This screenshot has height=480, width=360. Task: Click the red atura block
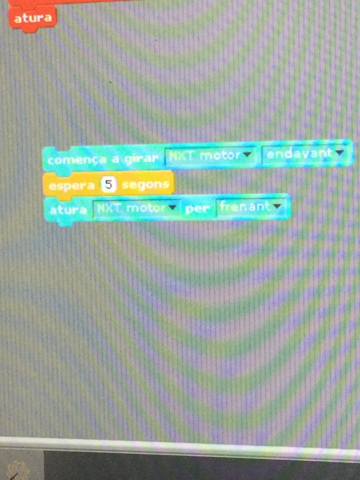(32, 18)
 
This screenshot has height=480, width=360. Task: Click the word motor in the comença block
(220, 155)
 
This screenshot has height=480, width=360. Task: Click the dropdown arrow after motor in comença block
(247, 154)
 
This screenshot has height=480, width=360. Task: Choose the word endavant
(299, 153)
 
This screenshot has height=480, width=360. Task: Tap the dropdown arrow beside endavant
(340, 152)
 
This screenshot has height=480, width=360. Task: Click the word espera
(72, 186)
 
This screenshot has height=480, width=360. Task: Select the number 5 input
(109, 185)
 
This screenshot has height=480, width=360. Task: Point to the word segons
(145, 185)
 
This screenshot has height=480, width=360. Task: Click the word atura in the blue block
(68, 210)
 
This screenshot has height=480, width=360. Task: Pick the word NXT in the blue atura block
(109, 209)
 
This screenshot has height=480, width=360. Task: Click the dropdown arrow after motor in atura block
(173, 208)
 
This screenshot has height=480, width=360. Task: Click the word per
(197, 209)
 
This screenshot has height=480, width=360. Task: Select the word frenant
(245, 207)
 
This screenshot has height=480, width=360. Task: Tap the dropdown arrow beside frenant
(277, 206)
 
